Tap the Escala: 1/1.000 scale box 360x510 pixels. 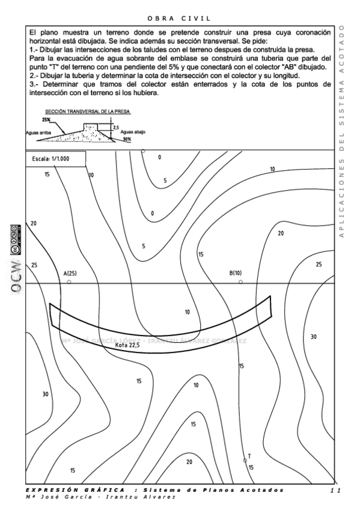56,159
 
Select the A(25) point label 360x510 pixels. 70,274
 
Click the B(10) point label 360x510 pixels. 236,273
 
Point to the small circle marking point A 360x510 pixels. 70,282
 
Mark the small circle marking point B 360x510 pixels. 241,281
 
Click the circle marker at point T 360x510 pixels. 245,461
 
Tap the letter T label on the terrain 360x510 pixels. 249,456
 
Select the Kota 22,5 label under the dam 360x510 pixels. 127,345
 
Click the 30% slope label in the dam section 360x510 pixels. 127,139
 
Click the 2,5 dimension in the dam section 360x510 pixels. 115,127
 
